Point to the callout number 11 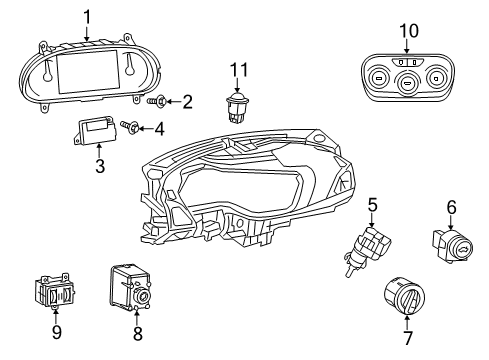pos(238,70)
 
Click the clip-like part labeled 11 pos(238,105)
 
